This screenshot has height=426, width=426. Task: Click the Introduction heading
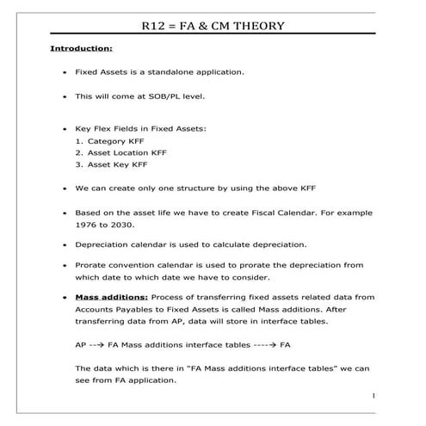point(81,50)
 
